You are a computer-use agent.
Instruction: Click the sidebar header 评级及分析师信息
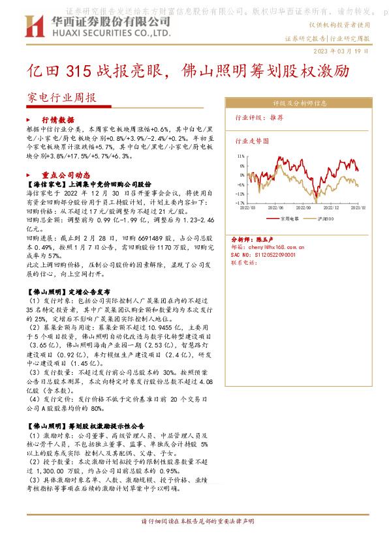(x=300, y=103)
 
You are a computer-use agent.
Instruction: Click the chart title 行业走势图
(x=251, y=140)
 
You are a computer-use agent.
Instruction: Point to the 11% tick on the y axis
(x=241, y=156)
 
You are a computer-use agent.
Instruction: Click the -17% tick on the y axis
(x=241, y=203)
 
